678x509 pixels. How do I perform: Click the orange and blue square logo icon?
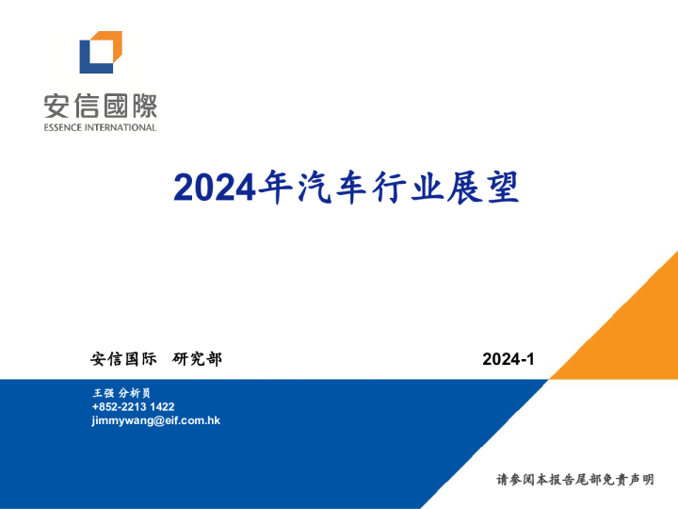(101, 52)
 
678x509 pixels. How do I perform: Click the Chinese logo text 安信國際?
(101, 105)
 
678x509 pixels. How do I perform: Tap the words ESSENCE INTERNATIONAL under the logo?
(101, 127)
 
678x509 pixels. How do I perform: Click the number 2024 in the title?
(215, 188)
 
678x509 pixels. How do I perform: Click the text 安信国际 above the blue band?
(123, 358)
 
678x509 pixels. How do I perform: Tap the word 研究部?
(198, 358)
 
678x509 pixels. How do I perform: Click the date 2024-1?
(508, 359)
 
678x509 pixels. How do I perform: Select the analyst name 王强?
(104, 392)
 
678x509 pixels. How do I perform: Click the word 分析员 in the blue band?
(135, 392)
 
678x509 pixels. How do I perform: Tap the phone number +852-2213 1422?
(133, 406)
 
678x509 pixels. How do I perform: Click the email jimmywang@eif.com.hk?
(155, 420)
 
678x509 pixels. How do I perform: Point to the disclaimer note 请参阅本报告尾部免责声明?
(575, 480)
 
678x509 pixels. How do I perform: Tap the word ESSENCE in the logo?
(65, 127)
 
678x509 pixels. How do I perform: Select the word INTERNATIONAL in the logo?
(122, 127)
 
